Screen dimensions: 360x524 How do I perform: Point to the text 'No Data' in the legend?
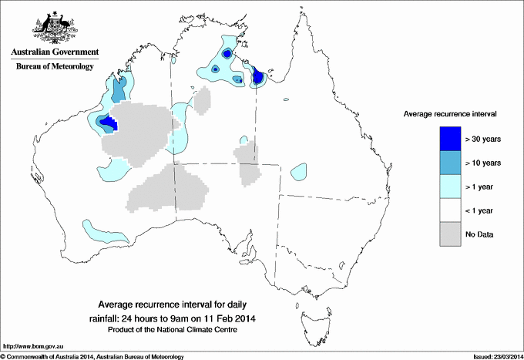tap(479, 234)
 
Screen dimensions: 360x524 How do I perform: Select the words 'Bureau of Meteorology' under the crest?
tap(55, 66)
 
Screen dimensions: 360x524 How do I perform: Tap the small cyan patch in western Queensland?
tap(300, 170)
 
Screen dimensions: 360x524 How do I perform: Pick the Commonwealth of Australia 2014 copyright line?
tap(92, 356)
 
